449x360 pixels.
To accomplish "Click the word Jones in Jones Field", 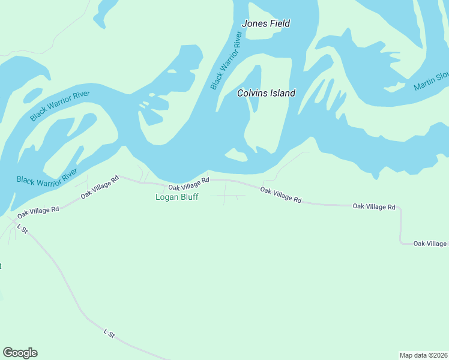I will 253,24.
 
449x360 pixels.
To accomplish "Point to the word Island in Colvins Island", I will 282,93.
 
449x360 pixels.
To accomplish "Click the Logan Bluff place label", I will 176,197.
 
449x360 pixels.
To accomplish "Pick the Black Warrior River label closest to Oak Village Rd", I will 47,176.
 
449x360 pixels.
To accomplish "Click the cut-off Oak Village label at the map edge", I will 430,243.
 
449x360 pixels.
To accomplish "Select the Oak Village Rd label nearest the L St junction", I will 38,211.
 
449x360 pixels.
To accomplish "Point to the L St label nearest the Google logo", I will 109,332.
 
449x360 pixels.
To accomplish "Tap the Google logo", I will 20,353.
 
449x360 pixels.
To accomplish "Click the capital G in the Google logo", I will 8,353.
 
